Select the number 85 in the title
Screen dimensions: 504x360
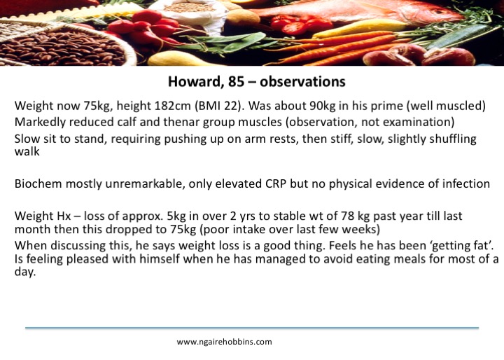pos(237,82)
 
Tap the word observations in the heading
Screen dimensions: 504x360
pos(302,82)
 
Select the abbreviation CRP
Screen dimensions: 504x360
pos(276,184)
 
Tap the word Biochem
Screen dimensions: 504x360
pos(38,184)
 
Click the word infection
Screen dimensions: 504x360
pos(466,184)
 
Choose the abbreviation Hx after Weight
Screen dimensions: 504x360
pos(64,216)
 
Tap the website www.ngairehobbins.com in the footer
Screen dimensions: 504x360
pos(225,342)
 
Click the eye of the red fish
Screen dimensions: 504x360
pos(440,12)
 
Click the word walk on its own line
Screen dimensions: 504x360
pos(27,151)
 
